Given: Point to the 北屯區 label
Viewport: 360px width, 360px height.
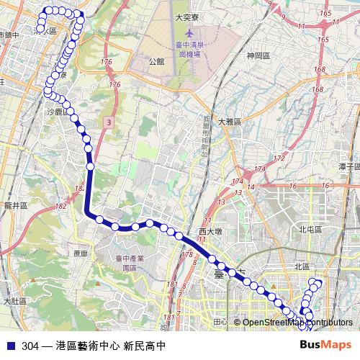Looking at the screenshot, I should coord(310,229).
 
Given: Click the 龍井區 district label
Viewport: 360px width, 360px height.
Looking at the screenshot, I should coord(14,205).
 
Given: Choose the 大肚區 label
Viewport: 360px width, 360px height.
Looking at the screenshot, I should coord(14,300).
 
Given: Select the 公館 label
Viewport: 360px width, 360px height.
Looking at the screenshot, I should coord(156,62).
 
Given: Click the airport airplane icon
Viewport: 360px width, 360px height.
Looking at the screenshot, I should coord(189,33).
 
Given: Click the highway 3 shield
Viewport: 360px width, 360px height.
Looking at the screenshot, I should coord(107,122).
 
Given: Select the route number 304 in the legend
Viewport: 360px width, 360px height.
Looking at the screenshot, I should coord(30,346).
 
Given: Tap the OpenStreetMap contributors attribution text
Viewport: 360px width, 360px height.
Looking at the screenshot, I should coord(297,322).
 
